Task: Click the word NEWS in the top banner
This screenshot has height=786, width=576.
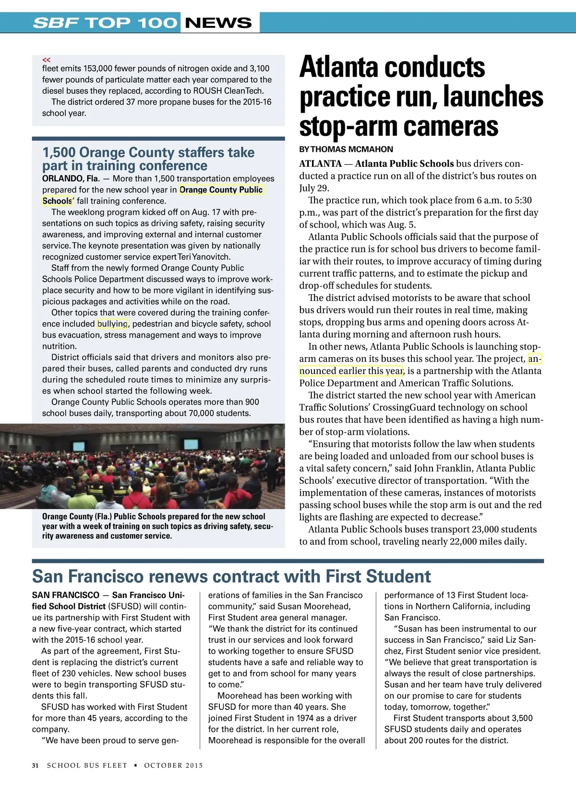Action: [218, 23]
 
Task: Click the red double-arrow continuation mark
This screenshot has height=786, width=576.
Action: [46, 60]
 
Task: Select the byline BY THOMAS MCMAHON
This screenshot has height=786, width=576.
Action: [346, 149]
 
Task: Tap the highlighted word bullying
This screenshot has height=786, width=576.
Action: [112, 324]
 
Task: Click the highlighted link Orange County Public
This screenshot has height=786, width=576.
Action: [221, 190]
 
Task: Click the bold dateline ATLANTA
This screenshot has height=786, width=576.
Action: [320, 164]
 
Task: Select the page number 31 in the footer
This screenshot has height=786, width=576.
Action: [35, 765]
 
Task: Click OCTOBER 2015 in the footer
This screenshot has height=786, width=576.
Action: [173, 765]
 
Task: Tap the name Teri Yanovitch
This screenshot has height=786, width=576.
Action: [204, 257]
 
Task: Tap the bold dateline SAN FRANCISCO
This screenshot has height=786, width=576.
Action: [65, 595]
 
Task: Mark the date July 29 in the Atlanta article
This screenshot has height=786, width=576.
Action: [314, 188]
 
